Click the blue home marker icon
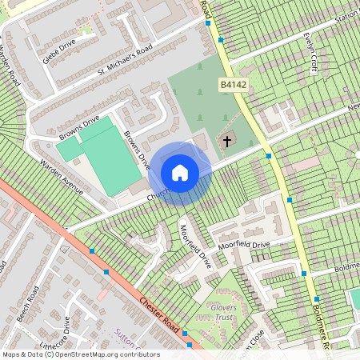[180, 172]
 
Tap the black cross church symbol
[227, 142]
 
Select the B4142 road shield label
[232, 83]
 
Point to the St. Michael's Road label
[124, 62]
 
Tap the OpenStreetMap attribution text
[80, 354]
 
